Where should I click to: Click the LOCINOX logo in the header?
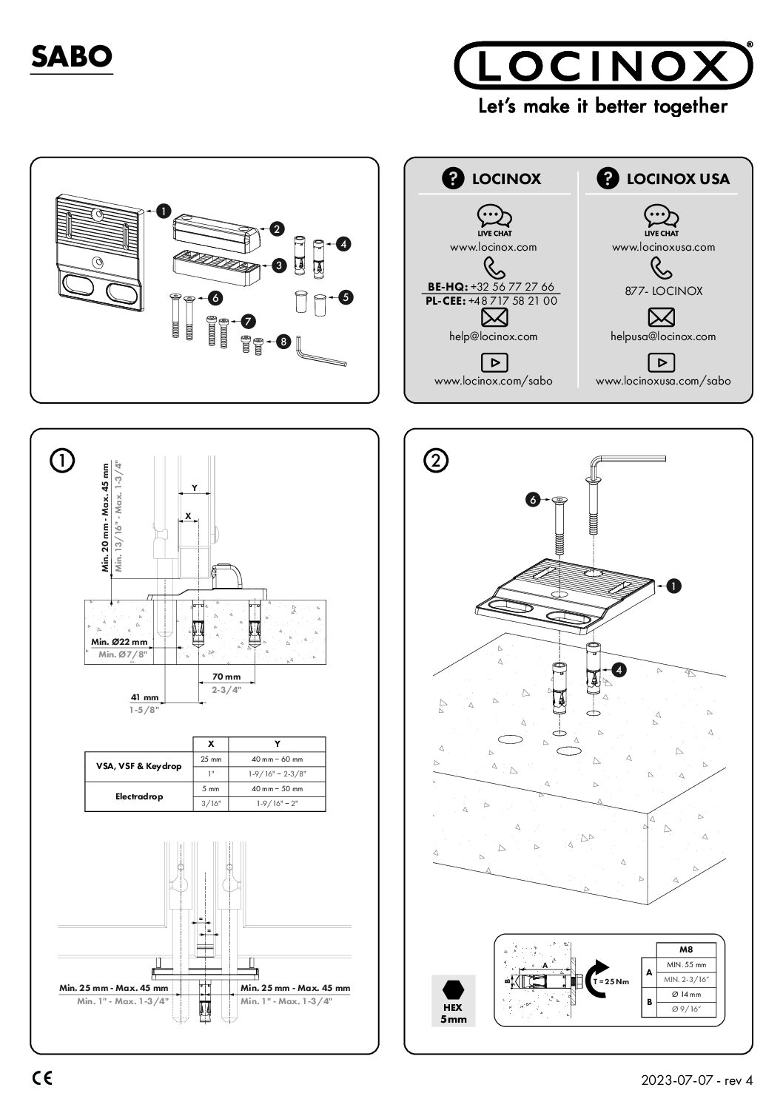pos(603,67)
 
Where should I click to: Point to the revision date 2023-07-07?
pos(678,1080)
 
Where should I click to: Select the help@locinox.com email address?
pos(493,336)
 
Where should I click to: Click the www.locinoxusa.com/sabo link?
pos(663,381)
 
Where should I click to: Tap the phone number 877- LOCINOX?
pos(663,291)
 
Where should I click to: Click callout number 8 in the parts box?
pos(283,342)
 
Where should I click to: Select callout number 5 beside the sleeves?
pos(345,297)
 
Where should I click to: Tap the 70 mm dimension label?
pos(226,677)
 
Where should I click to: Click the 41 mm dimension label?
pos(145,697)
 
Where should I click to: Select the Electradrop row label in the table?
pos(138,796)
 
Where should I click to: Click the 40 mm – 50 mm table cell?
pos(277,789)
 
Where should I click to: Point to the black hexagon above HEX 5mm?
pos(452,989)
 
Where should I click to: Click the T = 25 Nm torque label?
pos(611,981)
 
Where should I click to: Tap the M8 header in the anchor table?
pos(685,949)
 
